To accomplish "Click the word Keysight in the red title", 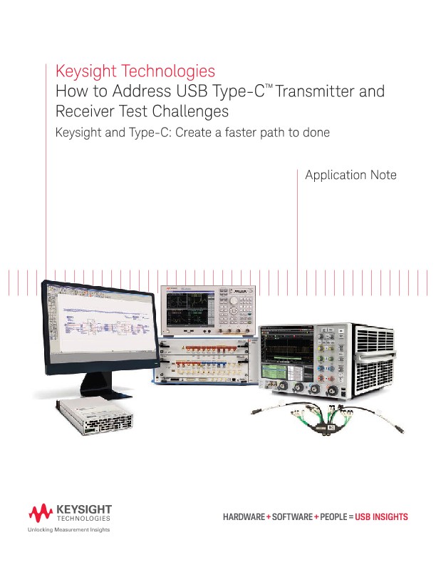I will coord(85,71).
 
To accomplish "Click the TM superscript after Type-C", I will coord(270,86).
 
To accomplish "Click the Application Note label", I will coord(350,175).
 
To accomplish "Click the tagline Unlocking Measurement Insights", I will coord(70,529).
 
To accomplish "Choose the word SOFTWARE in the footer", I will coord(290,516).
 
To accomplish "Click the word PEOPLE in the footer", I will coord(334,516).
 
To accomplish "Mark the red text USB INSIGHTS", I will coord(382,516).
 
